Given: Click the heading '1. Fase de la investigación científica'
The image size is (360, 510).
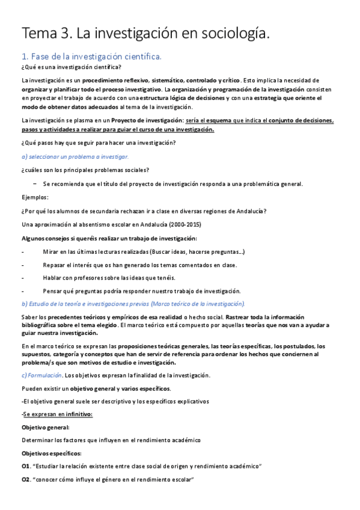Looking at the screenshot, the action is [x=91, y=57].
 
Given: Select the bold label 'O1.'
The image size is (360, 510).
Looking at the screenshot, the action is [x=26, y=467].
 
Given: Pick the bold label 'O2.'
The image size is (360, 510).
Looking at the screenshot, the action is [x=26, y=480].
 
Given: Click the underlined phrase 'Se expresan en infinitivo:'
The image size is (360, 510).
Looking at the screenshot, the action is [x=55, y=414].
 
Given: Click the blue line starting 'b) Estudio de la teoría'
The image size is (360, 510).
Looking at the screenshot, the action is [x=133, y=303].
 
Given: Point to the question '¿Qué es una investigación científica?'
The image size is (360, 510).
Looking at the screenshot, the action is [x=71, y=67].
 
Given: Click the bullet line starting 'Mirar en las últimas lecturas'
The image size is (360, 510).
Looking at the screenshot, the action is [x=143, y=251].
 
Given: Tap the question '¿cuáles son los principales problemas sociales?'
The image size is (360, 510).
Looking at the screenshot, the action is [x=85, y=170].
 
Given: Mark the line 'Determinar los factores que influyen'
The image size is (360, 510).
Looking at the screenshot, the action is [x=111, y=440].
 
